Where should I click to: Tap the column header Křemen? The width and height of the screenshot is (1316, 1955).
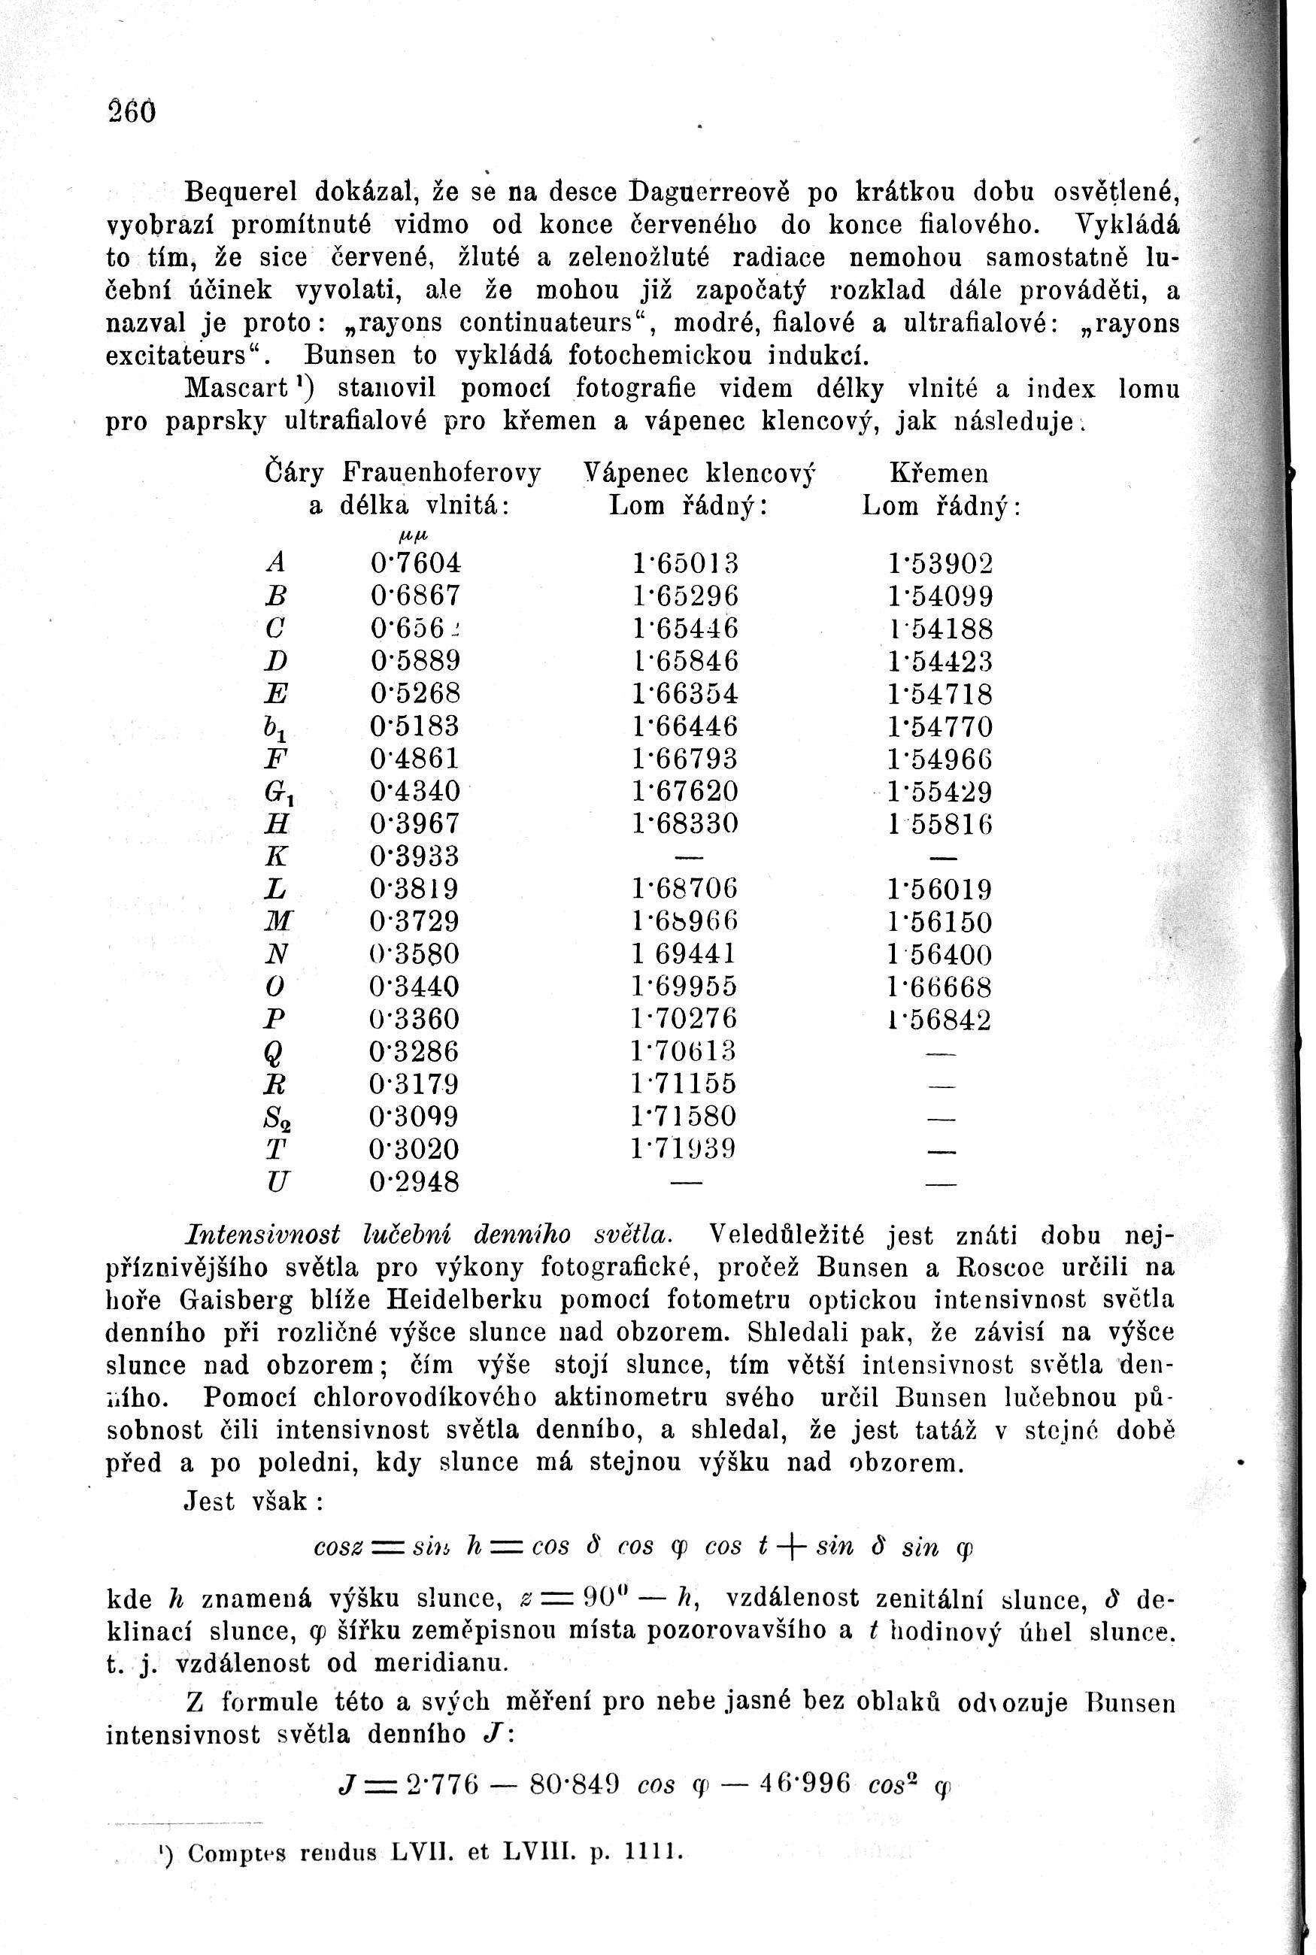pos(938,474)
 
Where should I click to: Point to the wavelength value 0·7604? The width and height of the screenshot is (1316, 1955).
pos(415,562)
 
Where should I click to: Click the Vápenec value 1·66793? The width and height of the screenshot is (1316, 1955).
pos(686,759)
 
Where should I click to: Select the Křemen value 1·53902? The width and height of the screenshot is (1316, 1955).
pos(940,563)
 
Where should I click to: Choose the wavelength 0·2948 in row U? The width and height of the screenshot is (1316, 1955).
pos(414,1182)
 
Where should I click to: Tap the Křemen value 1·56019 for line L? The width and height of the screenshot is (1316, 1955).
pos(940,889)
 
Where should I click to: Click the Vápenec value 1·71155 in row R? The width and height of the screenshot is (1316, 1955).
pos(686,1084)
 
